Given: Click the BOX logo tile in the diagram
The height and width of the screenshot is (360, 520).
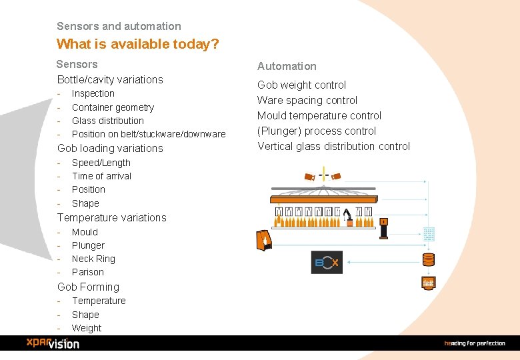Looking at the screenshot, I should [327, 263].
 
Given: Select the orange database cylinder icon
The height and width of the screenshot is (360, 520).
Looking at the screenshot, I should [428, 259].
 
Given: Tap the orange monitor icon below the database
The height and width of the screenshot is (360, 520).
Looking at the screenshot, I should [428, 283].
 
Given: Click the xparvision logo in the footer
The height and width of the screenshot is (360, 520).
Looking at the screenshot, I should [53, 343].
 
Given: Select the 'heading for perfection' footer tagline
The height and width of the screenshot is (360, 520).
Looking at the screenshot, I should [475, 343].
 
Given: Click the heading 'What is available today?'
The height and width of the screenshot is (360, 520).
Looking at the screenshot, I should [138, 45].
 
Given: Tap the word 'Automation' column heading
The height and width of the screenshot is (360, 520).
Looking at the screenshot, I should [287, 66].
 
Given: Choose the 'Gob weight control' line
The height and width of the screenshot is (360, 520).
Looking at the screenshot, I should [301, 85].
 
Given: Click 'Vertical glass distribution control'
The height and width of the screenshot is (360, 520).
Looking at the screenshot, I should [333, 146].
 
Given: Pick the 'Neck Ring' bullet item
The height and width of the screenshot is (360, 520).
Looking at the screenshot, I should [93, 259].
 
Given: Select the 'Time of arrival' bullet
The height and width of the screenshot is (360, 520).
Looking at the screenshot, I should [101, 176].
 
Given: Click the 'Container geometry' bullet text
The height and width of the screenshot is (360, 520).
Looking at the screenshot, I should [113, 107].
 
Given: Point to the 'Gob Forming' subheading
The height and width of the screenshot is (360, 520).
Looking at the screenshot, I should [88, 287].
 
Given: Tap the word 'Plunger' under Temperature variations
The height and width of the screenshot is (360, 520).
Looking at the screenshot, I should [88, 245].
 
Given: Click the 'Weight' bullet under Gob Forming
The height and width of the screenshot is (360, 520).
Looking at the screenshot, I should [87, 328].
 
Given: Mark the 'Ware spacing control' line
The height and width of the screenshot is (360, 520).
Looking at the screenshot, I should [307, 100].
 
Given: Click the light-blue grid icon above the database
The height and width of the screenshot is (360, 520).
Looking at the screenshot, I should [429, 234].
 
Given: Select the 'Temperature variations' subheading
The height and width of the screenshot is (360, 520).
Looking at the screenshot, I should [111, 217].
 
